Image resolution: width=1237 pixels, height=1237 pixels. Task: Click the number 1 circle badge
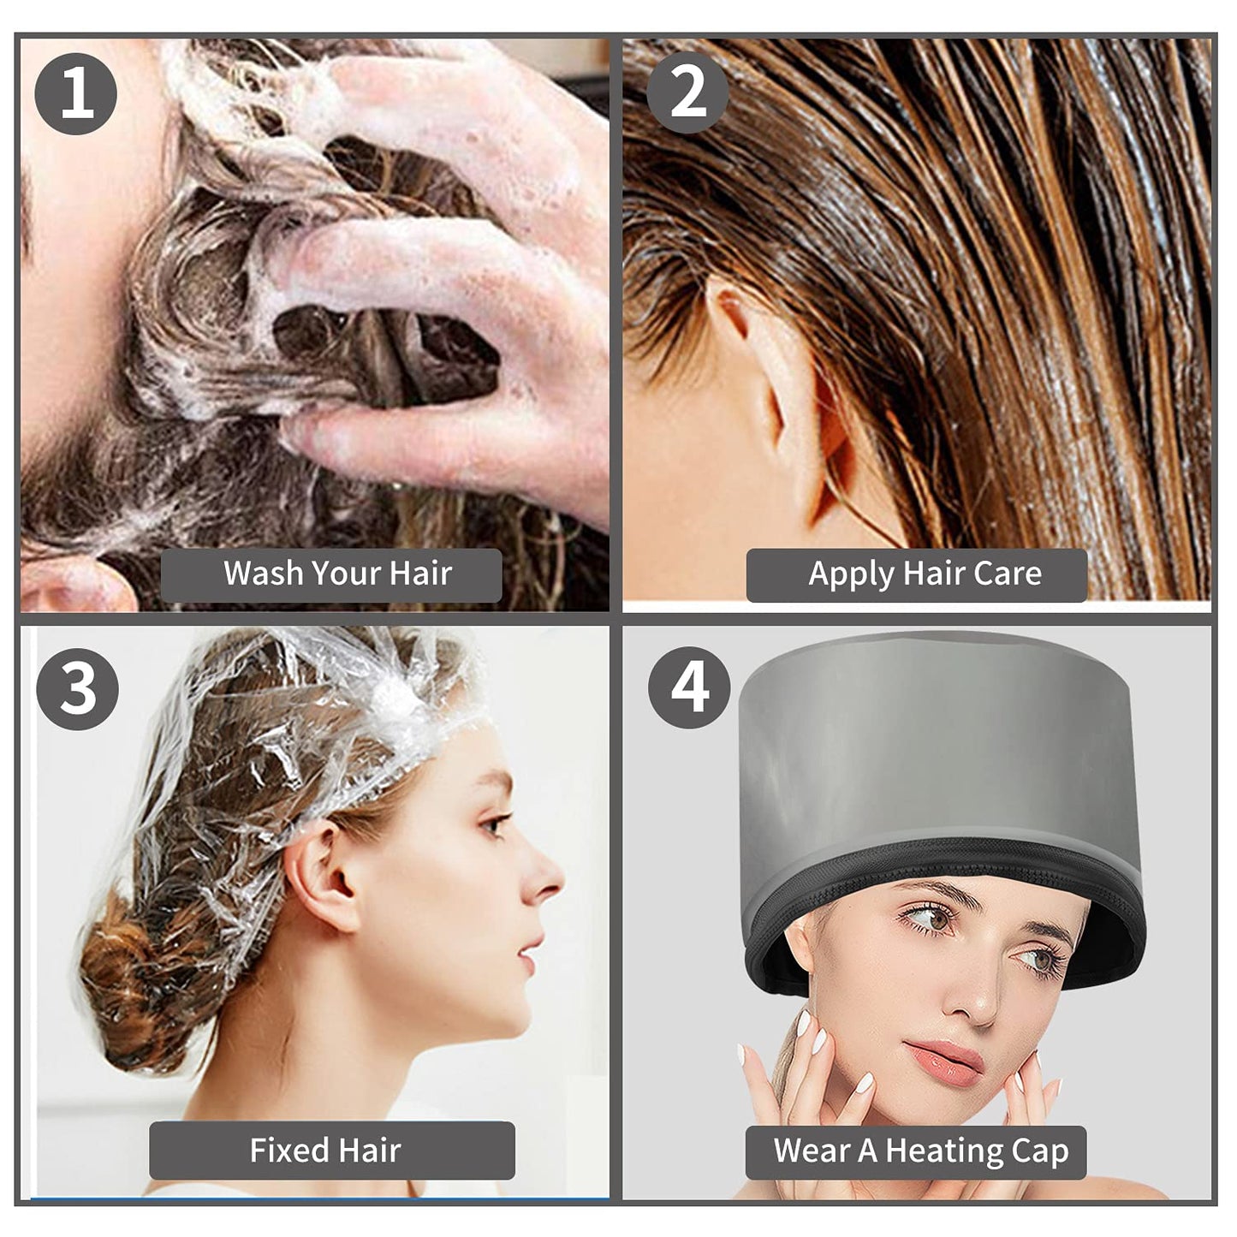tap(76, 93)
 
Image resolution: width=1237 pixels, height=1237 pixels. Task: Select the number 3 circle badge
tap(78, 688)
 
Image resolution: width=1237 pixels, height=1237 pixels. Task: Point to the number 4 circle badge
tap(689, 687)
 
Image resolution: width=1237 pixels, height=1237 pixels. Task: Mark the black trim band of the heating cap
tap(942, 856)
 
